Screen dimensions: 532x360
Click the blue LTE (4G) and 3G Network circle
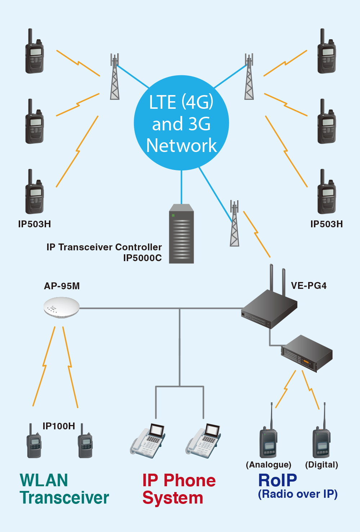(x=181, y=123)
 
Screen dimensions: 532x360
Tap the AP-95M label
(x=62, y=286)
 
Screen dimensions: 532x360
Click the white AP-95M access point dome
(x=62, y=307)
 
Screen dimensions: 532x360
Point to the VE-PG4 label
(x=309, y=286)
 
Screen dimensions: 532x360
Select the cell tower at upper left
(x=114, y=77)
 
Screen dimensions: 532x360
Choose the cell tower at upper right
(x=249, y=77)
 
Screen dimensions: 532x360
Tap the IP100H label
(x=59, y=426)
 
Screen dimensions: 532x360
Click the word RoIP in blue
(x=278, y=480)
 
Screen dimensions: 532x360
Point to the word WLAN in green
(x=44, y=480)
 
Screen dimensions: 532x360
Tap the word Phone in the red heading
(x=189, y=480)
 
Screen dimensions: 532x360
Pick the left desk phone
(x=148, y=441)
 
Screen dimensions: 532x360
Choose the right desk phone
(x=203, y=441)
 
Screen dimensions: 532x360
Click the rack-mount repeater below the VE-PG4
(x=307, y=353)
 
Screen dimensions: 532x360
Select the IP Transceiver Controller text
(x=104, y=247)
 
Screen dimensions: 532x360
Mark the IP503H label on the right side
(x=327, y=224)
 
